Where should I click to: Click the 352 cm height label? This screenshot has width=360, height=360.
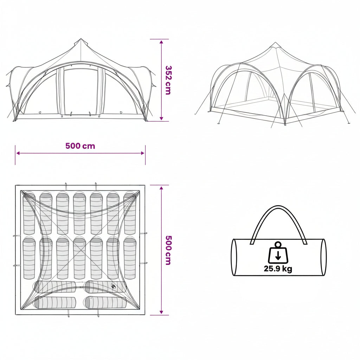click(168, 80)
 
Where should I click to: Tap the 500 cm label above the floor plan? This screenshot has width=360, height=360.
click(80, 146)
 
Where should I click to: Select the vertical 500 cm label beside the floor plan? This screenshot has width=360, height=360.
click(168, 250)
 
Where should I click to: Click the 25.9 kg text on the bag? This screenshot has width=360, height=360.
click(278, 269)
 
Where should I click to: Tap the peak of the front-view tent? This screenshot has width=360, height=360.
click(81, 39)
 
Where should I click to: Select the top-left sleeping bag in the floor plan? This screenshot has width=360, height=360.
click(29, 213)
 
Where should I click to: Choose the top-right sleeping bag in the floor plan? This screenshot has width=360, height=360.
click(130, 213)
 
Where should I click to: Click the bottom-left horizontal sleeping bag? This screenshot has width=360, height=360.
click(55, 303)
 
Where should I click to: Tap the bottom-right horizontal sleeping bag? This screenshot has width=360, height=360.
click(105, 303)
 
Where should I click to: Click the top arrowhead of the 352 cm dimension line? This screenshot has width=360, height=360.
click(161, 42)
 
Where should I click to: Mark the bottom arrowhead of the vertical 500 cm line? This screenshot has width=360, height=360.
click(161, 312)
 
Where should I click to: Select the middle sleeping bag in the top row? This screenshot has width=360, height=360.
click(79, 213)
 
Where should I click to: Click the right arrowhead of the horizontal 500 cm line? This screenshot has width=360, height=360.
click(143, 153)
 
